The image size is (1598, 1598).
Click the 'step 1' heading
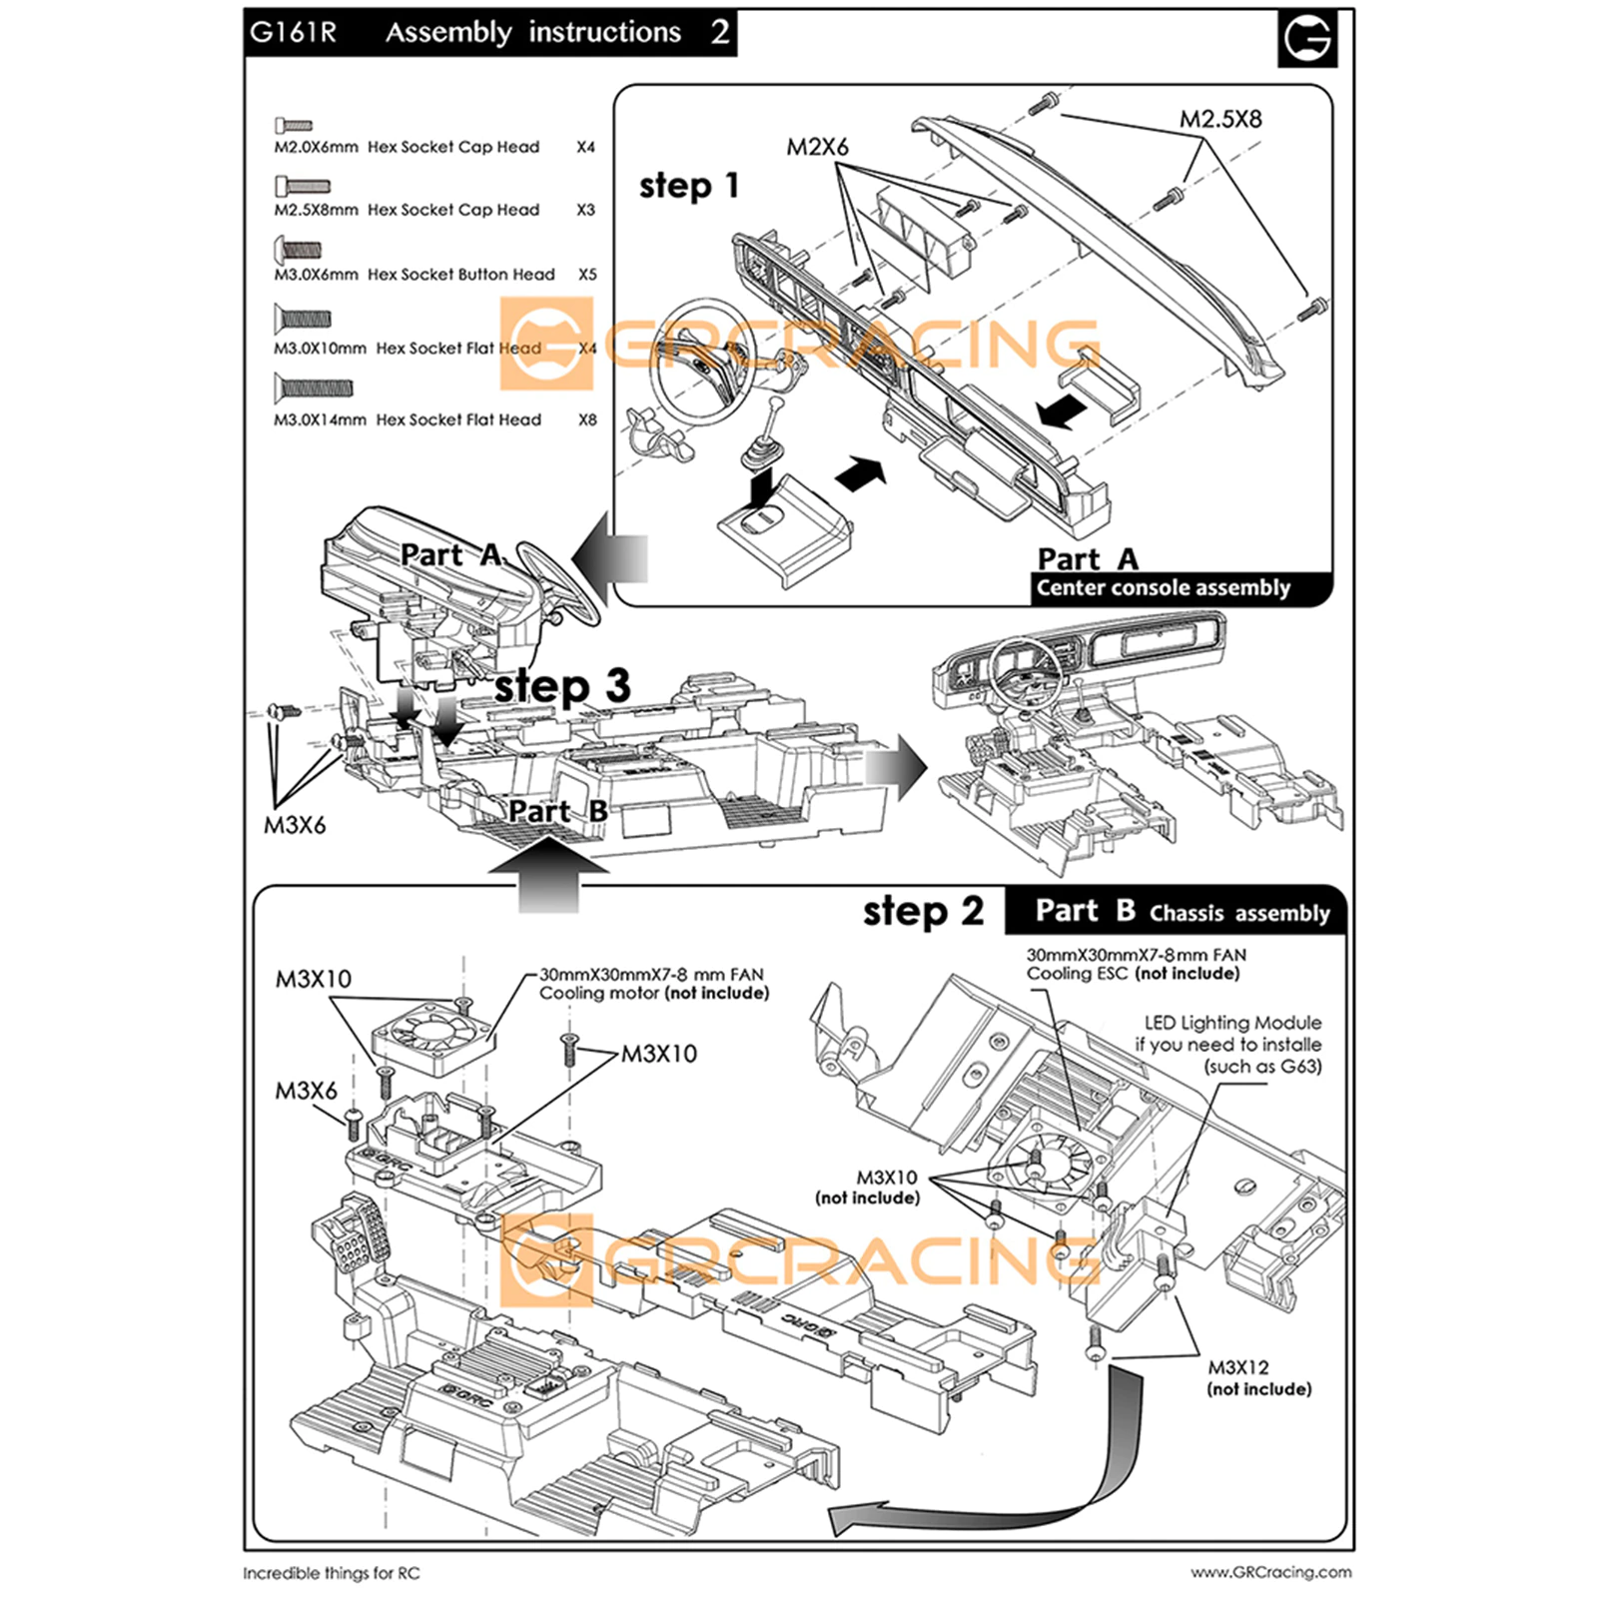[689, 186]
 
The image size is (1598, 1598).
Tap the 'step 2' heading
[923, 911]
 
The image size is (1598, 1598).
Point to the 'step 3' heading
[563, 686]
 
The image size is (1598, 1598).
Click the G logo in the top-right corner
[1306, 39]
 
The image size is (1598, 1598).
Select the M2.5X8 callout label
[1220, 119]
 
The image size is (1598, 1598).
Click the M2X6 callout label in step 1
[817, 147]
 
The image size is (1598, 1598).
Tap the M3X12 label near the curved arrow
[1238, 1367]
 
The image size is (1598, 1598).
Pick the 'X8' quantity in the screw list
[587, 420]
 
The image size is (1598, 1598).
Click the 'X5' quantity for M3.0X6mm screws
[587, 275]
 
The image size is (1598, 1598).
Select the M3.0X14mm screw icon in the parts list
[314, 387]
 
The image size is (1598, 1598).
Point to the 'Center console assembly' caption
[1163, 588]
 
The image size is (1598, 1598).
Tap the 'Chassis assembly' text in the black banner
[1239, 913]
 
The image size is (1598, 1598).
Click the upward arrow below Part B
[548, 875]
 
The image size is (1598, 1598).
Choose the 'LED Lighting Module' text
[1232, 1023]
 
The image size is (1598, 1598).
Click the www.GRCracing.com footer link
[1270, 1572]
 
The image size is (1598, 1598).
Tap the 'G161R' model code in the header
[293, 33]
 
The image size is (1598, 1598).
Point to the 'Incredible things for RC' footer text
[332, 1573]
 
